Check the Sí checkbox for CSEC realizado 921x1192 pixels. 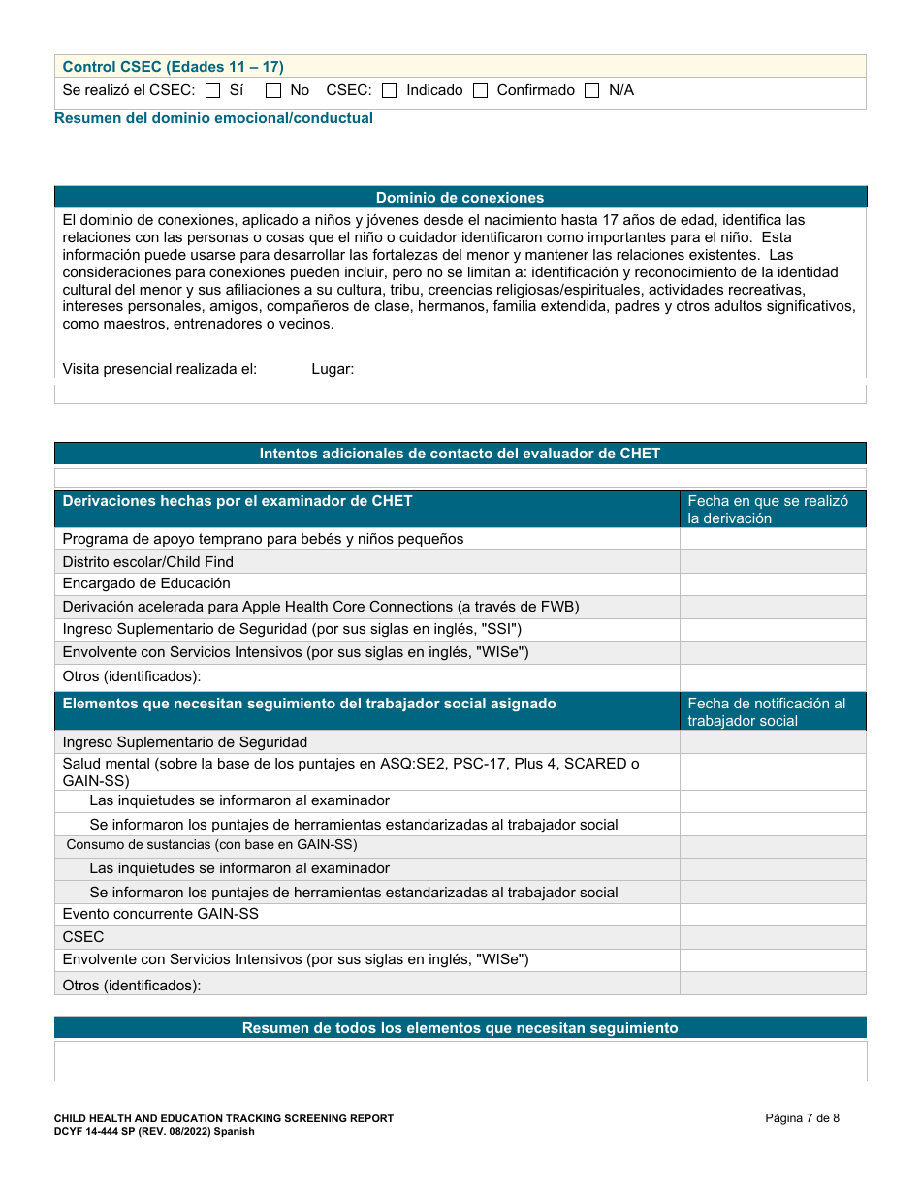[x=213, y=91]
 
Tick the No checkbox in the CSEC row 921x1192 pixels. [x=273, y=91]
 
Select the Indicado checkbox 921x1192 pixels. [x=390, y=91]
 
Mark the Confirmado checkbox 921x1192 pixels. [x=481, y=91]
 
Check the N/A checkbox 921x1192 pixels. [x=592, y=91]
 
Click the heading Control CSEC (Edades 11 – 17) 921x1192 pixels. [x=173, y=67]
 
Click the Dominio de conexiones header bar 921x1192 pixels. [x=460, y=198]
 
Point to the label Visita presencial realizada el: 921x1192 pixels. [x=160, y=369]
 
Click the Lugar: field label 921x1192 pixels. [x=333, y=369]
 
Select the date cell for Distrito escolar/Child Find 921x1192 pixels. [x=772, y=562]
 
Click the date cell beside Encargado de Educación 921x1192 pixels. [x=772, y=584]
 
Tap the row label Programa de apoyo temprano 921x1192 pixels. [x=263, y=539]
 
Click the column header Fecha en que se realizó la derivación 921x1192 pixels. [x=772, y=510]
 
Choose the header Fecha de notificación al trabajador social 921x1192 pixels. [x=772, y=711]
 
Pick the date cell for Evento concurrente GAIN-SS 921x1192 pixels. [x=772, y=915]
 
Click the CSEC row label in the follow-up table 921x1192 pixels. [x=83, y=937]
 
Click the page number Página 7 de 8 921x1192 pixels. [x=802, y=1118]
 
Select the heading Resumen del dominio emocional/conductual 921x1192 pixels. [x=213, y=118]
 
